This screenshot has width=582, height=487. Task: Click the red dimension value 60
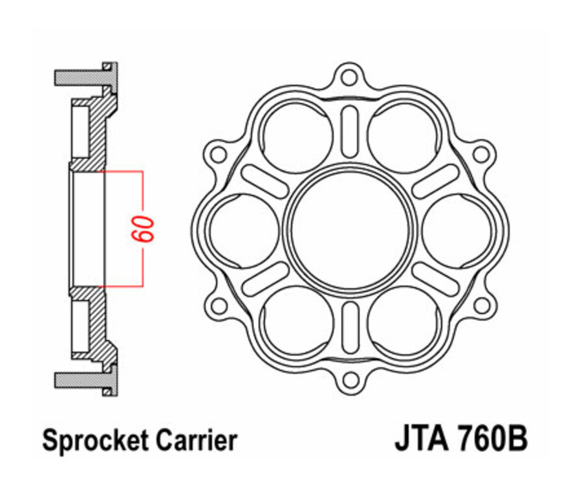pos(145,228)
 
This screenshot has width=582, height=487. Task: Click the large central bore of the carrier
pos(350,227)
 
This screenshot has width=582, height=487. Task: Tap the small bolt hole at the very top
pos(350,76)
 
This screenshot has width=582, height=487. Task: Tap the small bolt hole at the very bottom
pos(350,378)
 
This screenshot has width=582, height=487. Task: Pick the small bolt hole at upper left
pos(219,154)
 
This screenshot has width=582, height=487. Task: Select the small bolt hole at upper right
pos(480,154)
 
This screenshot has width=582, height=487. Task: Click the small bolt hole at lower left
pos(219,305)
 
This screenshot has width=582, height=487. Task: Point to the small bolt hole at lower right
pos(480,305)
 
